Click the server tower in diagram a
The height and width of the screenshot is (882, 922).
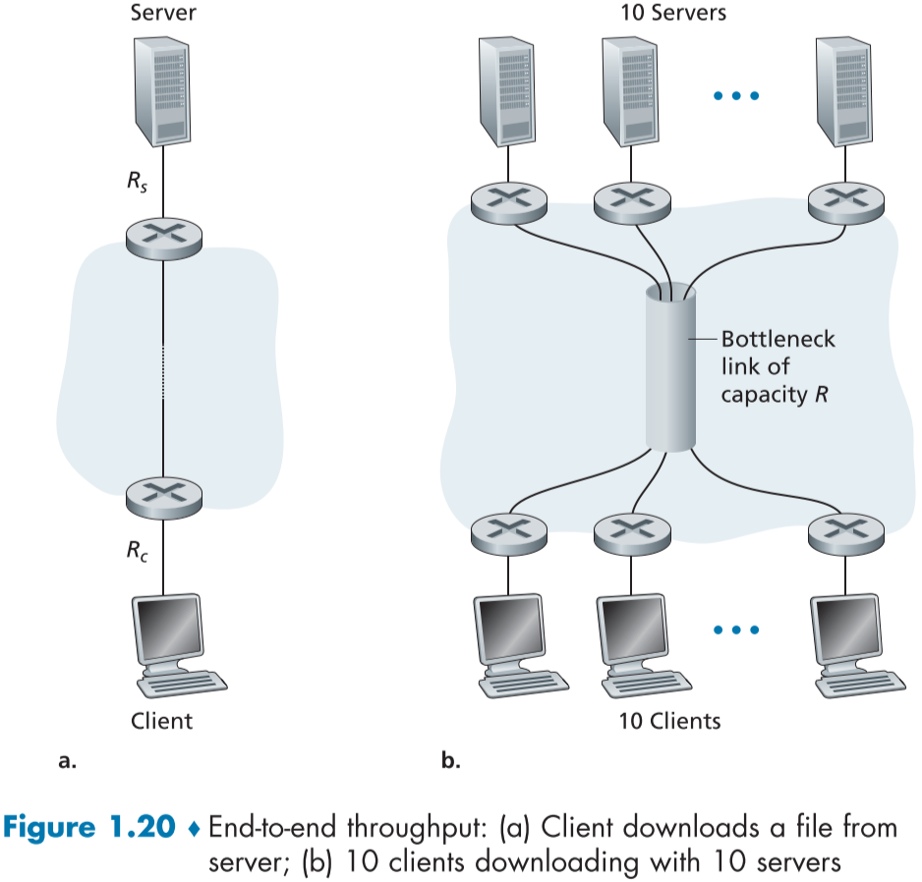pos(162,91)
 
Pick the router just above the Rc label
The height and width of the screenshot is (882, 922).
pos(163,496)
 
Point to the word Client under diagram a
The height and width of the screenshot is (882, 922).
pos(162,721)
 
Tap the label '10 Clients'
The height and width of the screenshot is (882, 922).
pos(669,721)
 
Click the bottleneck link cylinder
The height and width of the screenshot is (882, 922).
pos(670,368)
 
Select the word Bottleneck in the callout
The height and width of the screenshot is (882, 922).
pos(778,340)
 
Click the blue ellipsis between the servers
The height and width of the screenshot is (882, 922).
pos(735,96)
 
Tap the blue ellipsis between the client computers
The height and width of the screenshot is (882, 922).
pos(735,630)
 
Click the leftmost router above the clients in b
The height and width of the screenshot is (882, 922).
pos(507,532)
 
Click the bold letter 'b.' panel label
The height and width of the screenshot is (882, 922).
pos(451,759)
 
